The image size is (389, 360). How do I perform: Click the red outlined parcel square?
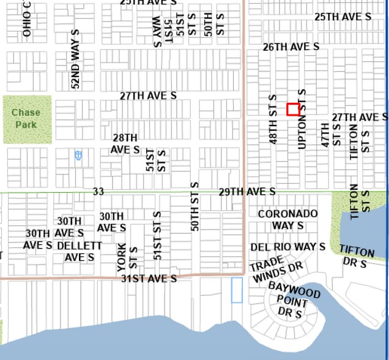click(293, 110)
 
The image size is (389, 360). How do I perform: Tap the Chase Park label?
click(26, 119)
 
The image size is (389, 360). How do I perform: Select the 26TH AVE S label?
click(291, 47)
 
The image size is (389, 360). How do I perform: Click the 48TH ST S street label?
click(273, 119)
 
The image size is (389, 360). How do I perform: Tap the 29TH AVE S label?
click(247, 192)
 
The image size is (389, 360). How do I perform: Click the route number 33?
click(98, 192)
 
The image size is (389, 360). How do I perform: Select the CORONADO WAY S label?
click(288, 219)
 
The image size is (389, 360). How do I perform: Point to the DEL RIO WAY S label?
click(287, 247)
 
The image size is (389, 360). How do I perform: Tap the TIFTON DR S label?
click(357, 257)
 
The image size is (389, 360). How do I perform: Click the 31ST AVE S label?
click(148, 279)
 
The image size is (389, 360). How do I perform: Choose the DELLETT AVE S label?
click(80, 251)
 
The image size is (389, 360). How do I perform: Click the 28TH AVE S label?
click(125, 144)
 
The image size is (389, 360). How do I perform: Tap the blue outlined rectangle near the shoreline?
click(237, 290)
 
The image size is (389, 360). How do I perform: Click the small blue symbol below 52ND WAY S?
click(78, 156)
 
